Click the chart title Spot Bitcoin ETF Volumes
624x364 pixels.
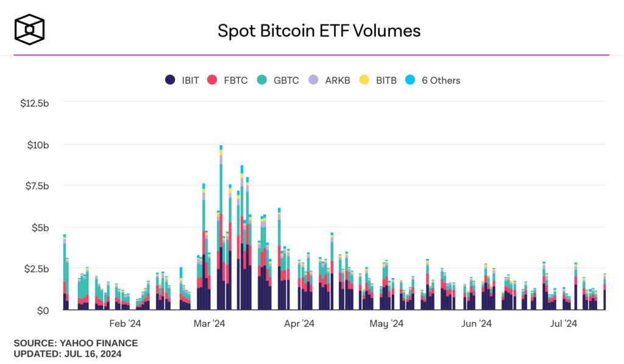[x=319, y=30]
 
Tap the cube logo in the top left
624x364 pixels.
[x=30, y=30]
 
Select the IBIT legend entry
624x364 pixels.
[x=182, y=80]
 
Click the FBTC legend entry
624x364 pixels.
[x=227, y=80]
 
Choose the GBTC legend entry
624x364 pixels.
[x=278, y=80]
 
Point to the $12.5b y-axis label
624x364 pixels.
[x=34, y=103]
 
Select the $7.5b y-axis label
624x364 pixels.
[x=36, y=186]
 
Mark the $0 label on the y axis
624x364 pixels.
[x=43, y=310]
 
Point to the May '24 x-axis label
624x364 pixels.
[x=387, y=323]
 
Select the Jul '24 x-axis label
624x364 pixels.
[x=564, y=323]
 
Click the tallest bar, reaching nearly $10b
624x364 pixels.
[x=221, y=232]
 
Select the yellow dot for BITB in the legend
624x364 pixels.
[x=364, y=80]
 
